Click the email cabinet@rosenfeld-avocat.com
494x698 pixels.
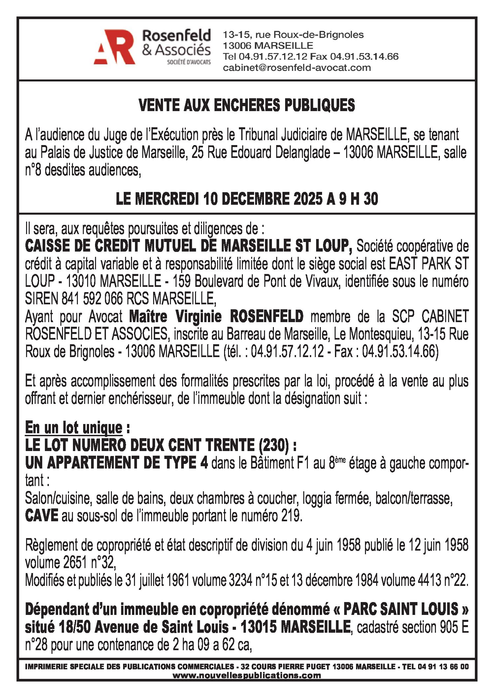297,68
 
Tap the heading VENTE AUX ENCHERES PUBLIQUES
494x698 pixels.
247,105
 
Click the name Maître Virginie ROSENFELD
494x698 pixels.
216,317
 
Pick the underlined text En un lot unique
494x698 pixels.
74,428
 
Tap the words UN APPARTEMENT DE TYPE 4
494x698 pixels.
116,463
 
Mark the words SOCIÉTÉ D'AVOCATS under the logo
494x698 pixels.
189,62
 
